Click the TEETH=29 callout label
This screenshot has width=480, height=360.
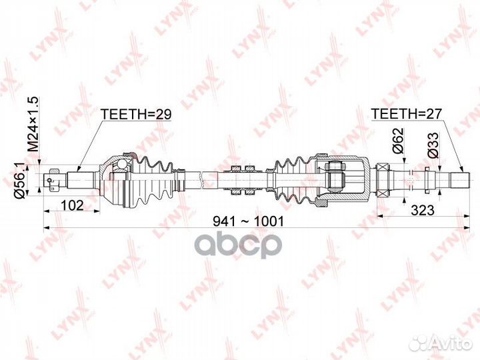(x=136, y=115)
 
